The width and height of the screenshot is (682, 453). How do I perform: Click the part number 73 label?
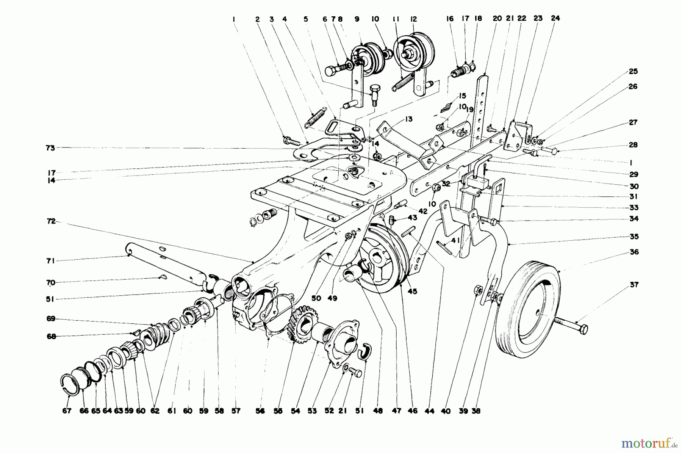[x=50, y=148]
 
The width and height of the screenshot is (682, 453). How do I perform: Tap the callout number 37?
[x=634, y=285]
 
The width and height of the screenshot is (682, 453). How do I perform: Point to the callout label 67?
[x=67, y=411]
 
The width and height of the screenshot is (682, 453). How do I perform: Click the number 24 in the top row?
[x=555, y=18]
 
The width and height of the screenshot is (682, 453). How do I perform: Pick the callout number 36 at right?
[x=634, y=252]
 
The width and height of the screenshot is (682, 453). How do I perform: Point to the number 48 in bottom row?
[x=378, y=411]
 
